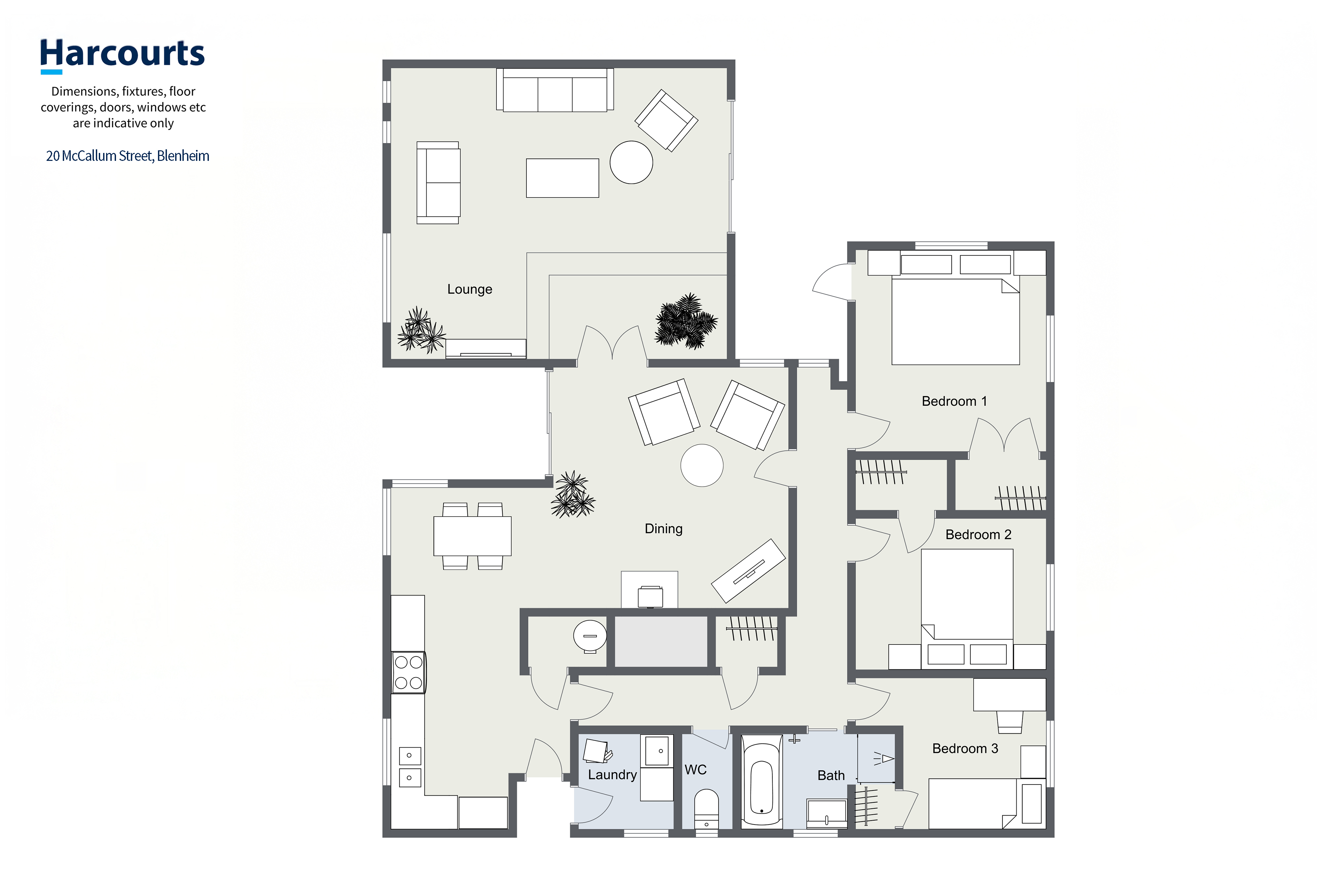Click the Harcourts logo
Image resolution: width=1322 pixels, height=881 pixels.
pos(122,55)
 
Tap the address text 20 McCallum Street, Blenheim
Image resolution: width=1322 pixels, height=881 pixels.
pos(128,156)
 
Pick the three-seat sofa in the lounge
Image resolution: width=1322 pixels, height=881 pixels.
pos(555,90)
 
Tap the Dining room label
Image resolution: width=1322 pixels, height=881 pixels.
pos(663,529)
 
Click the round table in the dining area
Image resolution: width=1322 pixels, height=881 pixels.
pos(701,465)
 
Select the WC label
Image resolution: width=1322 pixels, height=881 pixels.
pos(695,770)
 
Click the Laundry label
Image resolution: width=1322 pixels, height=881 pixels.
pos(612,775)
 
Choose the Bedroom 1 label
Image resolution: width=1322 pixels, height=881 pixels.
pos(954,401)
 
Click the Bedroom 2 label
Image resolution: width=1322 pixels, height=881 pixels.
pos(978,534)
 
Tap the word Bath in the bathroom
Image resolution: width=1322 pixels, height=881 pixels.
pos(831,775)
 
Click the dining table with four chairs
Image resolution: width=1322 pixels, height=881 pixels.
pos(472,536)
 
